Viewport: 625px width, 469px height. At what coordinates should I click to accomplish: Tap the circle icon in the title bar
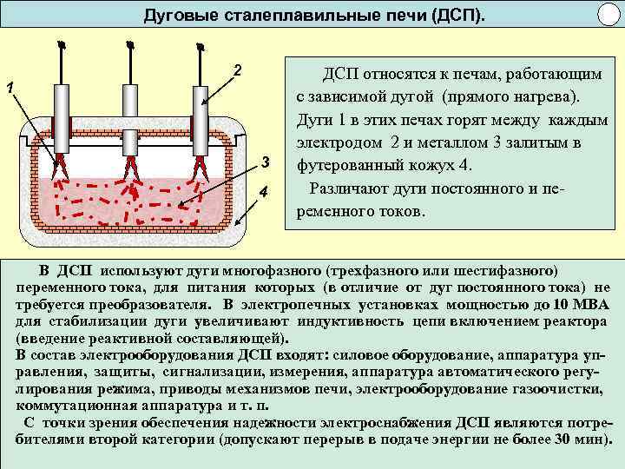tap(608, 16)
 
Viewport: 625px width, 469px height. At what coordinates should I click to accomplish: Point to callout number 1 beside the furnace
tap(9, 87)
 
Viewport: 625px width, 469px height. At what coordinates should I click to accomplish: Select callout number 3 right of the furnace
tap(266, 162)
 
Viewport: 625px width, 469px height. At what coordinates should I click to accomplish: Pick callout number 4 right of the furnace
tap(264, 191)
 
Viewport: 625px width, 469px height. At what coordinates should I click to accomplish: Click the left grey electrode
tap(60, 118)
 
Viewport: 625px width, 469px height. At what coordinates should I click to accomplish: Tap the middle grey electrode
tap(130, 118)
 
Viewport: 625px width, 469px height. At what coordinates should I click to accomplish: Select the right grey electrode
tap(200, 118)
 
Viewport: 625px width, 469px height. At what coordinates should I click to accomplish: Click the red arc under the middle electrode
tap(132, 170)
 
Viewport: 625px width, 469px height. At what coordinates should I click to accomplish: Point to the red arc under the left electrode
tap(62, 170)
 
